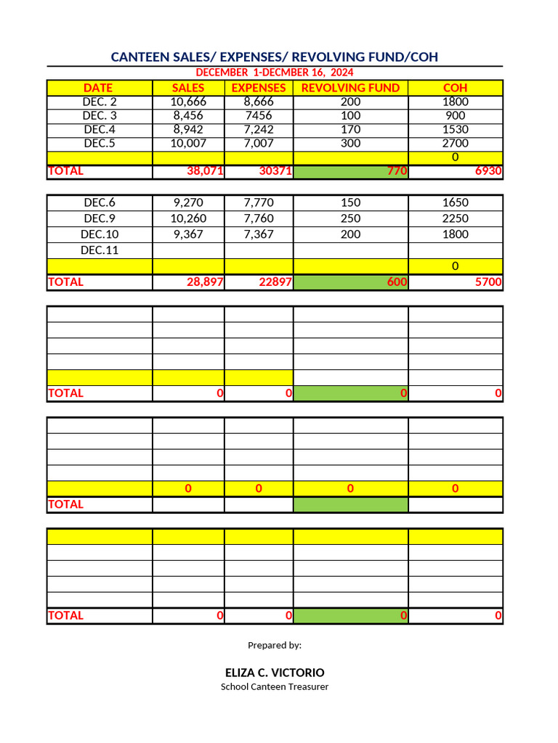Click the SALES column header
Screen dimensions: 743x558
188,88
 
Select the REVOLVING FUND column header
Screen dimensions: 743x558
350,88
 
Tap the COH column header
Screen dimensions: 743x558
455,88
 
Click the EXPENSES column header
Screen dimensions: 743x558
259,88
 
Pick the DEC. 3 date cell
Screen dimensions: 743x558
100,115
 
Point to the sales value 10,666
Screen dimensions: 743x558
188,102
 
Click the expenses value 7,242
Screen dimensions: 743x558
259,129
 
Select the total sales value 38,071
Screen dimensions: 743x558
204,172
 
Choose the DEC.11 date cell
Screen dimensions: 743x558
100,250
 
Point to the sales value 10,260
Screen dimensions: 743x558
188,218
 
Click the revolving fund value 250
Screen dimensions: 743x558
350,218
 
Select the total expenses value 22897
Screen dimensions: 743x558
275,282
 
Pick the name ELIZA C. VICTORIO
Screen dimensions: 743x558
275,673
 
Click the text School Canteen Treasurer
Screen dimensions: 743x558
275,686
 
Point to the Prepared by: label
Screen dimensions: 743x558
275,645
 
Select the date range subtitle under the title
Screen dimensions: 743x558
275,73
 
